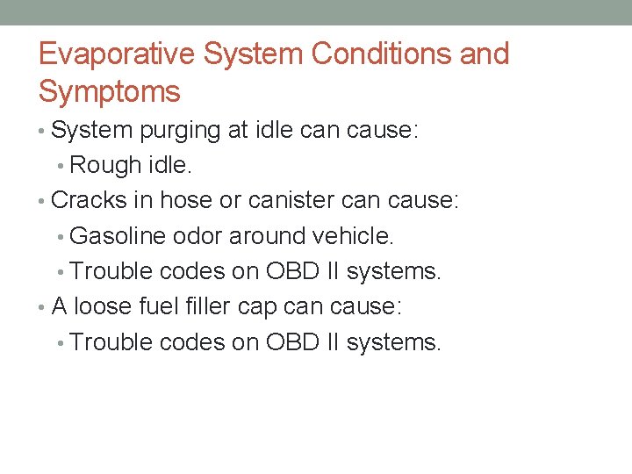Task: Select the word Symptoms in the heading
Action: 110,91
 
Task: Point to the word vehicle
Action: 355,236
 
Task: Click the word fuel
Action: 161,307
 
